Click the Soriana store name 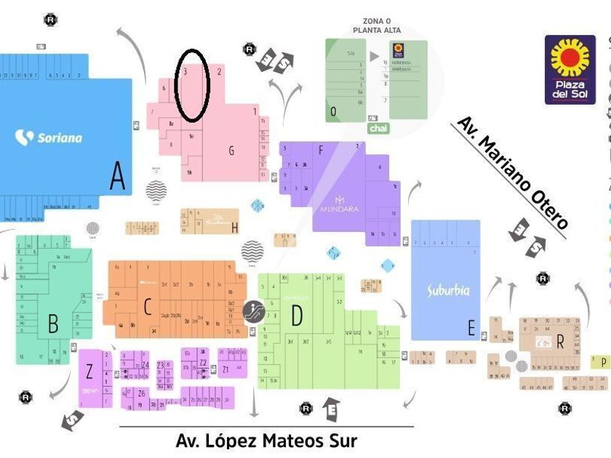point(49,137)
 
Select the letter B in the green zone point(52,323)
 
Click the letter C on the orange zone point(147,307)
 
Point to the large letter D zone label point(296,316)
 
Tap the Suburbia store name point(448,290)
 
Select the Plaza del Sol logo point(570,70)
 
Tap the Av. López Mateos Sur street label point(266,441)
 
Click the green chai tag point(378,129)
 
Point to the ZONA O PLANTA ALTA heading point(377,25)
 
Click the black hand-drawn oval point(193,84)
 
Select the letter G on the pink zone point(231,151)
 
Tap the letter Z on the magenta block point(89,372)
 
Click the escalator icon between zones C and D point(254,311)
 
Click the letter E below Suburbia point(471,329)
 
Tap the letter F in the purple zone point(321,150)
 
